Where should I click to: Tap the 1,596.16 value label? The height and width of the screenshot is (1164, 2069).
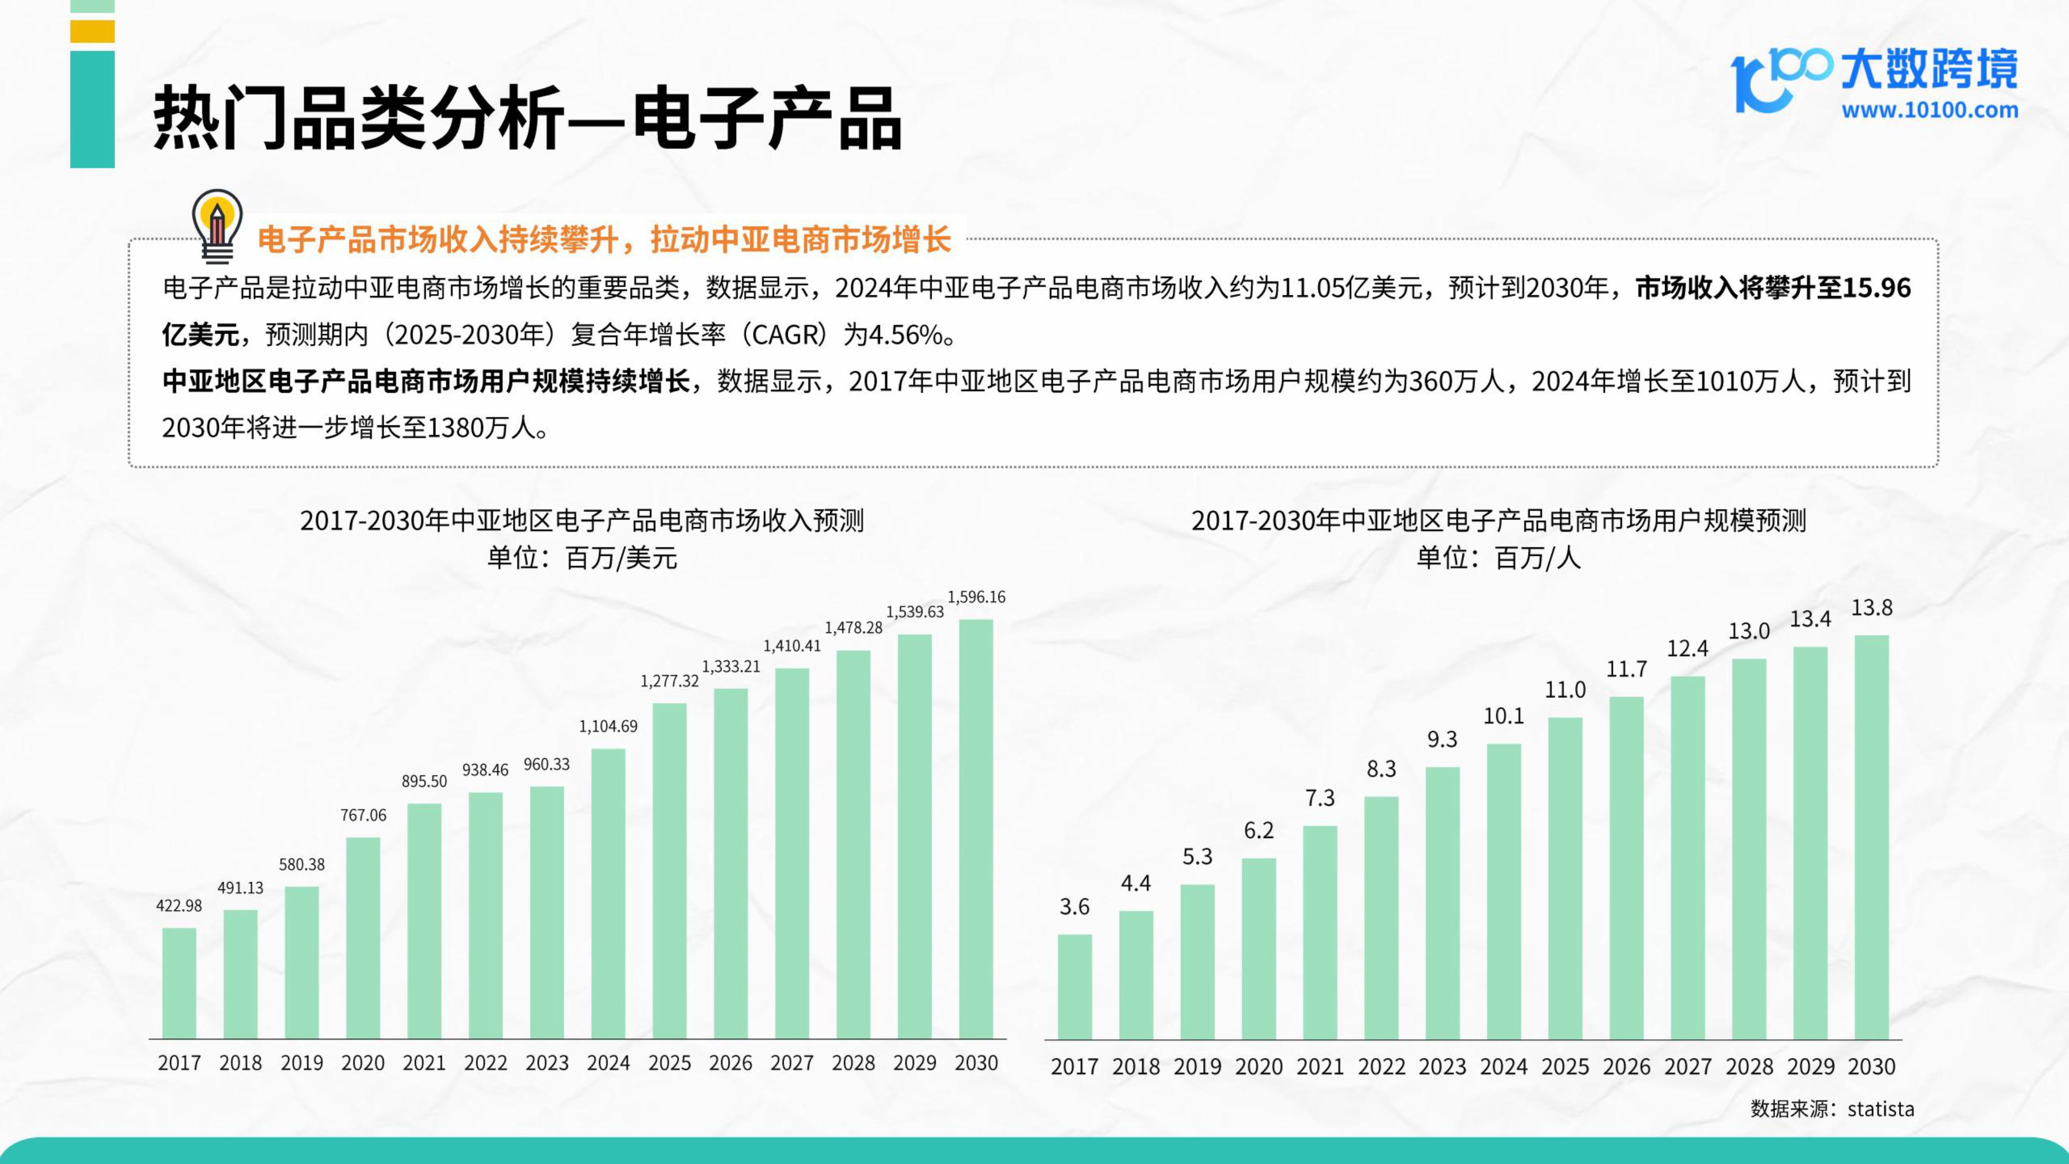tap(976, 597)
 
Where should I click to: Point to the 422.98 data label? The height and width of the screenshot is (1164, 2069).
tap(179, 905)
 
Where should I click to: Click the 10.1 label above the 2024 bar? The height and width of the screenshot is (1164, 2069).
tap(1504, 716)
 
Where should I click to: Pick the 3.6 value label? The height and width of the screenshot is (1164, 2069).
tap(1075, 907)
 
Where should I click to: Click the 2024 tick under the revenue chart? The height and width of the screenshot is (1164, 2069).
tap(608, 1063)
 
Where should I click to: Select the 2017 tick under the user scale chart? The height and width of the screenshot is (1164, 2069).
tap(1075, 1067)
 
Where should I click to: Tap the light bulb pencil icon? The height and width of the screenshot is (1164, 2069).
tap(217, 226)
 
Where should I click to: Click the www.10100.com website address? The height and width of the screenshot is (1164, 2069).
tap(1929, 110)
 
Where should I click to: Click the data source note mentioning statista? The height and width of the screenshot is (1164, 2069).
tap(1832, 1109)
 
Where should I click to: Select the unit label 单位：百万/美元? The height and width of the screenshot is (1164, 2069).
tap(582, 558)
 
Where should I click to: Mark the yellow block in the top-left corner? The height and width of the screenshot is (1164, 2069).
tap(93, 32)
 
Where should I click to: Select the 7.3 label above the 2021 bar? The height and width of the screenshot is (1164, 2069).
tap(1320, 798)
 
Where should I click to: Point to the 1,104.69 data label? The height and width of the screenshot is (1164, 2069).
tap(608, 726)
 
